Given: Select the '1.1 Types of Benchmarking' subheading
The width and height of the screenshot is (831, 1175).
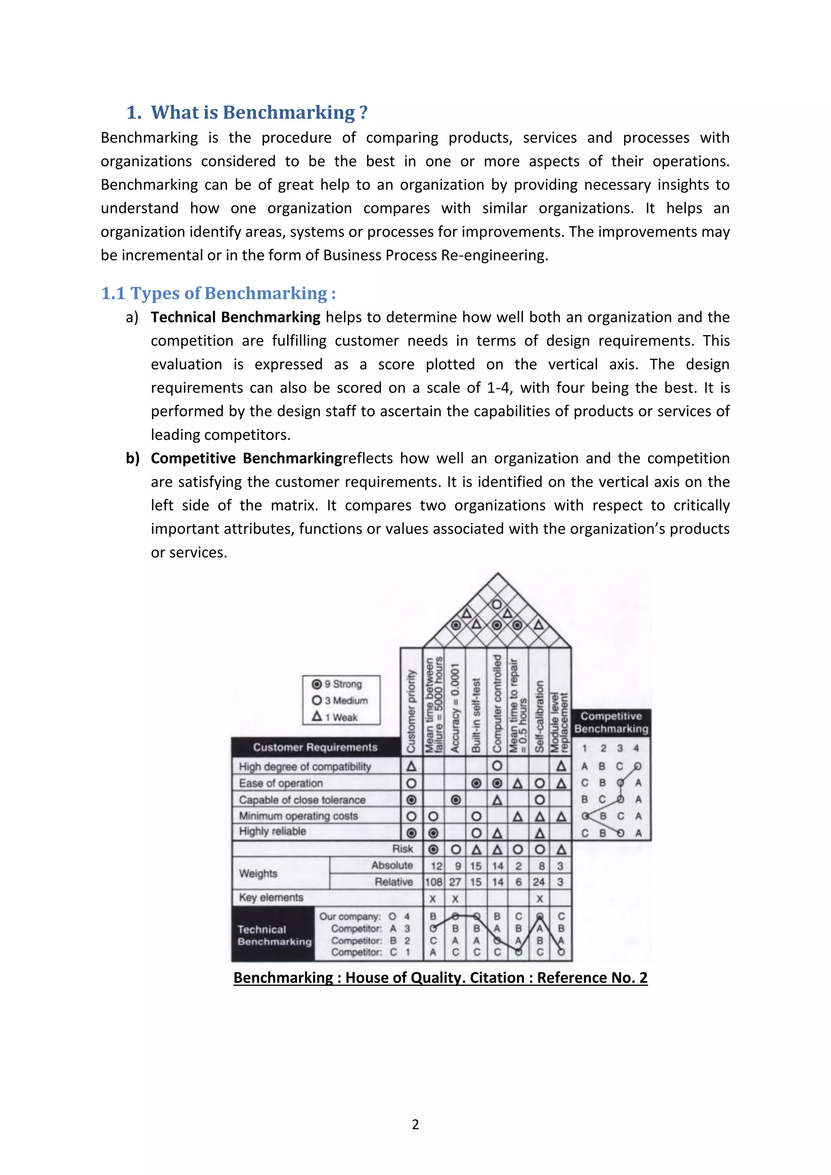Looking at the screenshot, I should [218, 293].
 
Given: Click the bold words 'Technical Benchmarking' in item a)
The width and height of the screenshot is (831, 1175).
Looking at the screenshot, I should [235, 317].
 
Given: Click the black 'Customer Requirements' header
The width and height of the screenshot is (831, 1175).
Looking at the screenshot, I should [315, 747].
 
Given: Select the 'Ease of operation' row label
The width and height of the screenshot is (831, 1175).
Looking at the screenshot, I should [281, 783].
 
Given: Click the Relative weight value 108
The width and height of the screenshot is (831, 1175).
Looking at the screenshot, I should [433, 882].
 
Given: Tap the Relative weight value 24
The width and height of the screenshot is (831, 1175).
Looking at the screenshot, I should [539, 882].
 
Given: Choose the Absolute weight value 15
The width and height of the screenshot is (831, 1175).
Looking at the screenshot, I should [476, 866].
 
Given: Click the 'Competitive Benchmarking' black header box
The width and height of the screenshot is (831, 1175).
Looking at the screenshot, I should [611, 722].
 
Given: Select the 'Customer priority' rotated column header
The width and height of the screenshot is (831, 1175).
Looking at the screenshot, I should [411, 711].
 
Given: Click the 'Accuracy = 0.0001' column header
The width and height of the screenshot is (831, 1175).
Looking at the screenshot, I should [455, 709].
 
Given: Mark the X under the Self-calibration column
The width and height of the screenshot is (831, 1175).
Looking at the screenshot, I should [539, 899].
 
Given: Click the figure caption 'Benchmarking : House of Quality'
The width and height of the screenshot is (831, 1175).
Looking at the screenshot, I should [440, 977].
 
